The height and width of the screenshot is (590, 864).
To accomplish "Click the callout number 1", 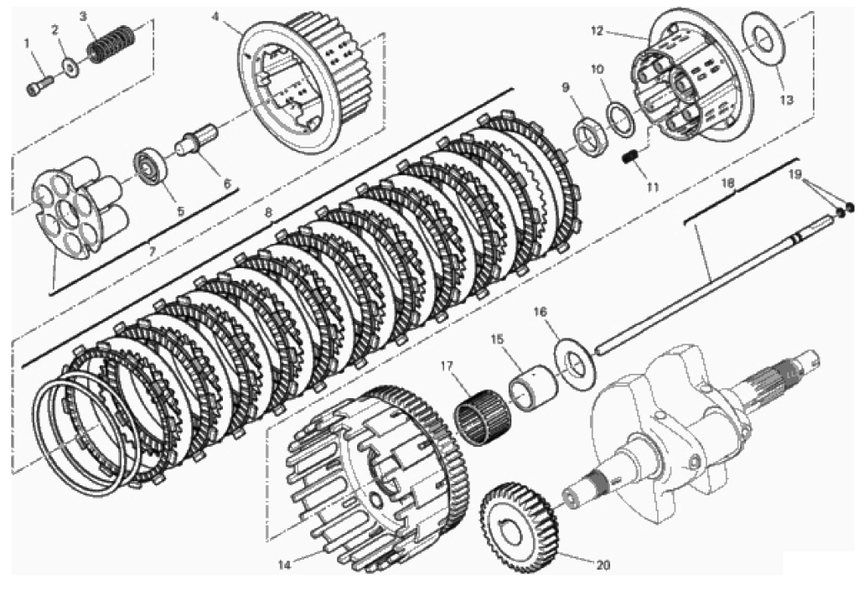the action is tap(27, 42).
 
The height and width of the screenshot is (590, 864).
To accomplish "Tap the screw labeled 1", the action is tap(39, 85).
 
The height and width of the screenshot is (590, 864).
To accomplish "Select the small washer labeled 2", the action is tap(70, 67).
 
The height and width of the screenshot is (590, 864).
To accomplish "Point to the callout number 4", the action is tap(215, 17).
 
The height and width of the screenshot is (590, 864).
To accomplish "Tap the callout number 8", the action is tap(268, 211).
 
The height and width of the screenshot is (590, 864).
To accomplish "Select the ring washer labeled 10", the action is tap(621, 115).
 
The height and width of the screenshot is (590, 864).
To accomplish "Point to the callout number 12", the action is tap(598, 31).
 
